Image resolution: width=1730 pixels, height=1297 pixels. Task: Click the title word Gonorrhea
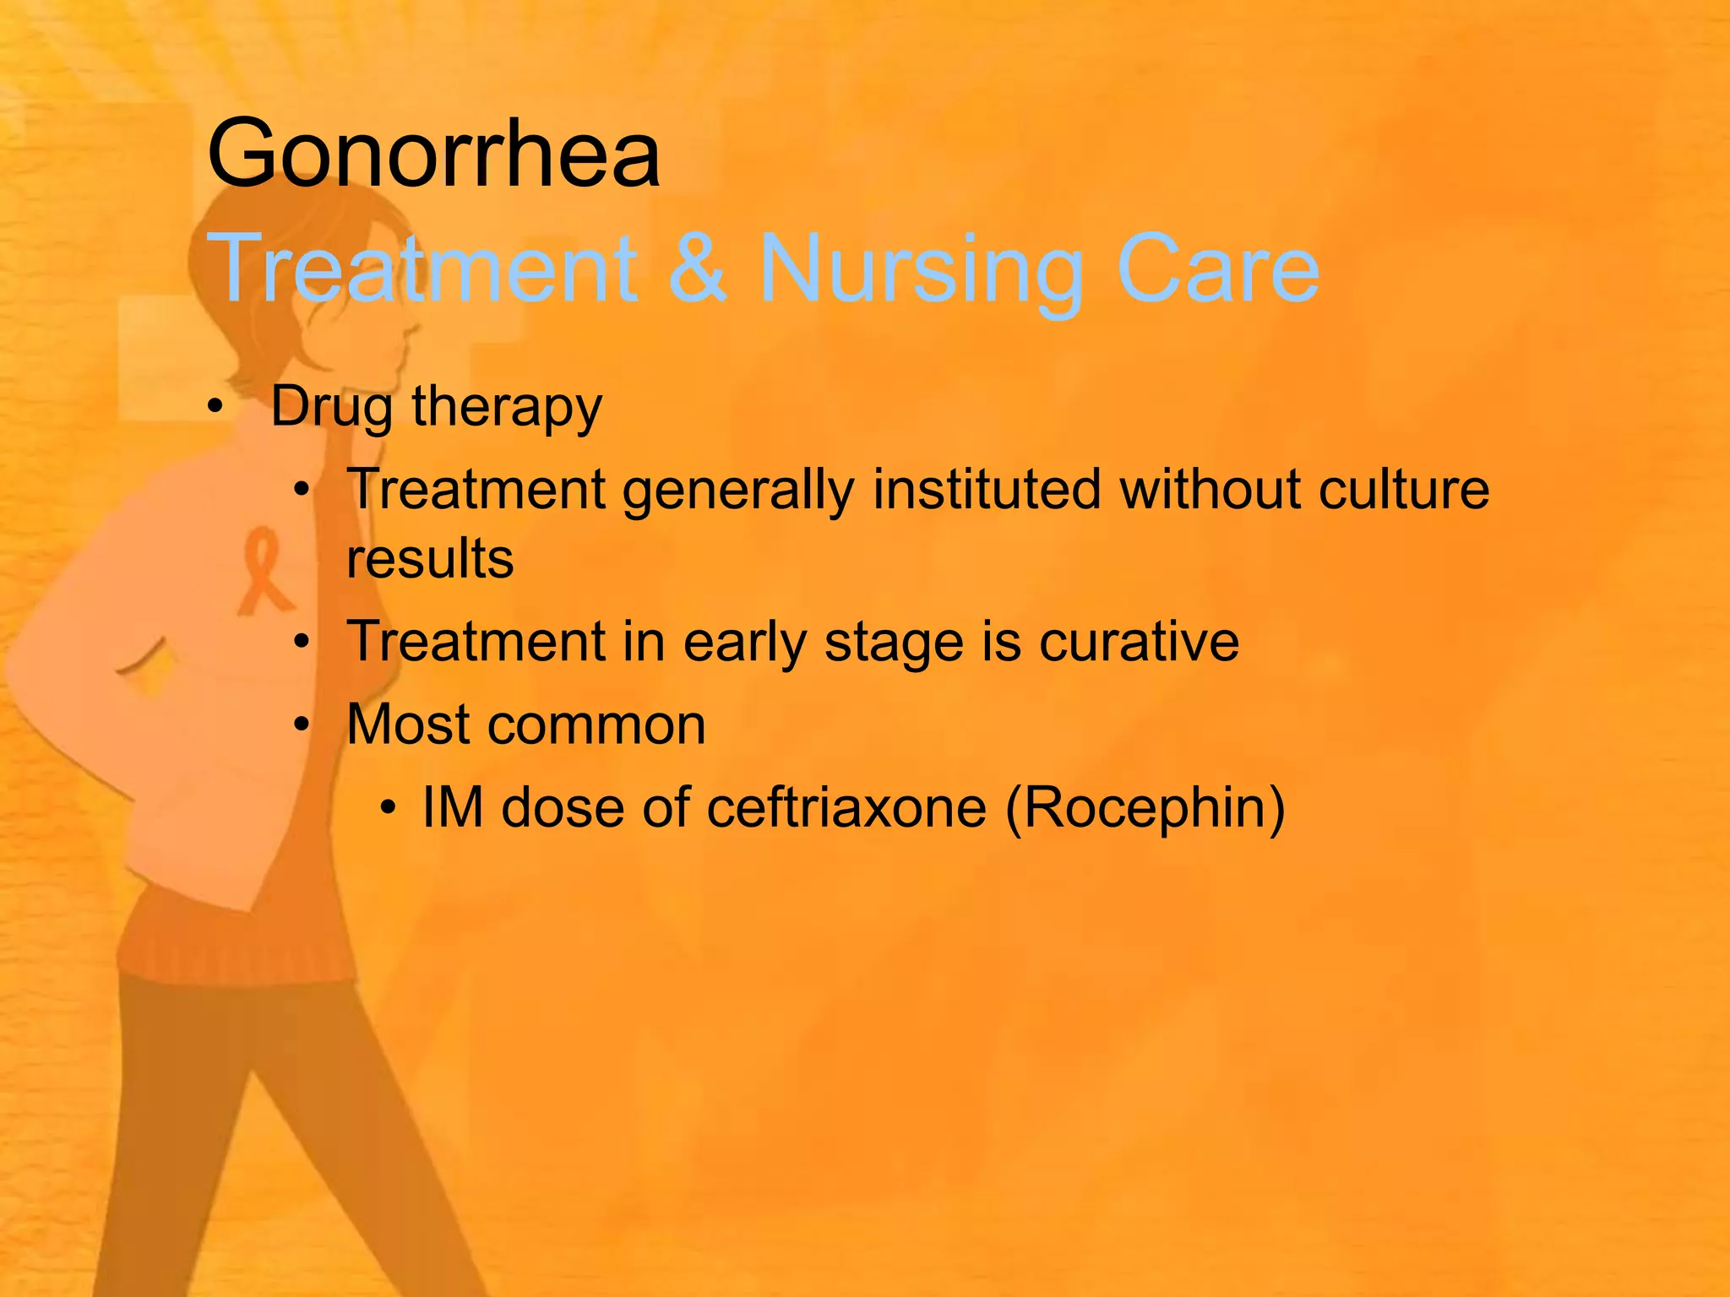click(x=433, y=155)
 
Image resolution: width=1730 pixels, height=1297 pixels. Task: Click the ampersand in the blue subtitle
click(x=698, y=269)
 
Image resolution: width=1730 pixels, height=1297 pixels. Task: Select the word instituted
click(x=987, y=490)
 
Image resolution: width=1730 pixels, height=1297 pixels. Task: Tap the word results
click(x=430, y=559)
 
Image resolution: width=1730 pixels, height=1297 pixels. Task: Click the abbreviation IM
click(x=452, y=807)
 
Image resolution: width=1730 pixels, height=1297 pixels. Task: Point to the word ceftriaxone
click(x=846, y=807)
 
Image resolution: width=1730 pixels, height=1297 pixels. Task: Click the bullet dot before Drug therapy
click(x=215, y=407)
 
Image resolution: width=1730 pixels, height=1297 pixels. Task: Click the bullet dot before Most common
click(x=302, y=724)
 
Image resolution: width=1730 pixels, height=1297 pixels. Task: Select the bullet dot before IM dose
click(x=388, y=808)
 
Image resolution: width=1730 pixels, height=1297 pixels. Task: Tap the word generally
click(x=738, y=491)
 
